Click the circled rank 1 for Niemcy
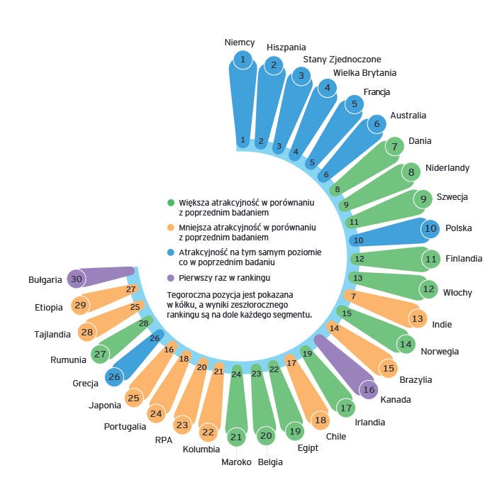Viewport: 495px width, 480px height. [243, 59]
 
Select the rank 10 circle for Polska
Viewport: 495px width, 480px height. [430, 228]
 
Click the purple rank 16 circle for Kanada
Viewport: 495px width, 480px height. [368, 389]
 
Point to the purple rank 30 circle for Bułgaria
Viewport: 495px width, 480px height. [76, 279]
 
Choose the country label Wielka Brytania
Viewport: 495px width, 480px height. [365, 72]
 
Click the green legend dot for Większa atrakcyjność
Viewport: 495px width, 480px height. [171, 202]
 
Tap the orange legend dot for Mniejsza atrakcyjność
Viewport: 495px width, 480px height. [171, 228]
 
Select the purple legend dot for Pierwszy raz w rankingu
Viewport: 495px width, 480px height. [171, 277]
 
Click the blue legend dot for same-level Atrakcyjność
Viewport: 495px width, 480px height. [171, 252]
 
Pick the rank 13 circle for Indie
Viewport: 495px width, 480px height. [417, 319]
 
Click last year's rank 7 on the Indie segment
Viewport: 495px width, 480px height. [353, 295]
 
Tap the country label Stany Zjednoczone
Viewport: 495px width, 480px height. [342, 59]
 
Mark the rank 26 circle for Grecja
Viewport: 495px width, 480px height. [113, 377]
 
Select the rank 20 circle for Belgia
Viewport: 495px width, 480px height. [266, 436]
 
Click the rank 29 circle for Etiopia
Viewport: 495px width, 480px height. [80, 306]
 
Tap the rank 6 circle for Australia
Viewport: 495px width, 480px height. [377, 123]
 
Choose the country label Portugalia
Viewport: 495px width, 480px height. [125, 426]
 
